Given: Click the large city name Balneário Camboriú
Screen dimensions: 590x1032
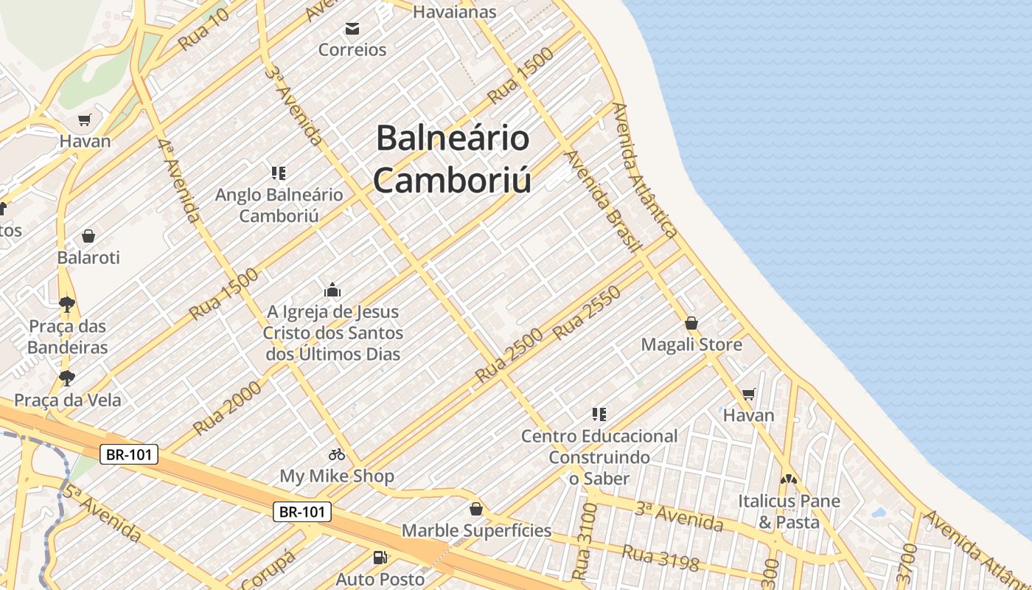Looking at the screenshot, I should pos(453,159).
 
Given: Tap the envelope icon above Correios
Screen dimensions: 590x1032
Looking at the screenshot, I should pos(352,29).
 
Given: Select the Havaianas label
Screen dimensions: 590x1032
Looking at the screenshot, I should pos(454,12).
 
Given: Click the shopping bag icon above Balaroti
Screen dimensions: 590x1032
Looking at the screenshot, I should pos(88,236).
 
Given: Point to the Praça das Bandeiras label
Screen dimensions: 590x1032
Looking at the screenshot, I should pos(68,336).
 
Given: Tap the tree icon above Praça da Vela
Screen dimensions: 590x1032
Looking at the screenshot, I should pos(67,378).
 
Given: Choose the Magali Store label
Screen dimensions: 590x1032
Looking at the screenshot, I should pos(691,344).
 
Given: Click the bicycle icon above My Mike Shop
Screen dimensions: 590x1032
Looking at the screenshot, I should pos(337,454).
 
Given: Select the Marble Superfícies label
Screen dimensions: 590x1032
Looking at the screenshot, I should pos(476,530).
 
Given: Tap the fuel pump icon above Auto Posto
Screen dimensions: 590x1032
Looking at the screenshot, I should pos(380,558).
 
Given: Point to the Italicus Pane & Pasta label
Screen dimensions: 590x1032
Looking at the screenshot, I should pos(789,512).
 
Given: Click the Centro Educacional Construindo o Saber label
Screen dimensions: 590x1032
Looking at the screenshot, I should pos(599,457).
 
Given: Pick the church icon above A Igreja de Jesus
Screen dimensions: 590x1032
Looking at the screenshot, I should pos(332,289).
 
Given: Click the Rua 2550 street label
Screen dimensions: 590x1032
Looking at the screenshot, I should pos(587,313).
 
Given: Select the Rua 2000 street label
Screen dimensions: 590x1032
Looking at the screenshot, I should pos(227,408).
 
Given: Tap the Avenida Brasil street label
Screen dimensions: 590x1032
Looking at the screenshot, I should pos(601,201).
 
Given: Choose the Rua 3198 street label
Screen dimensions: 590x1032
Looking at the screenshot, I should pos(660,558).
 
